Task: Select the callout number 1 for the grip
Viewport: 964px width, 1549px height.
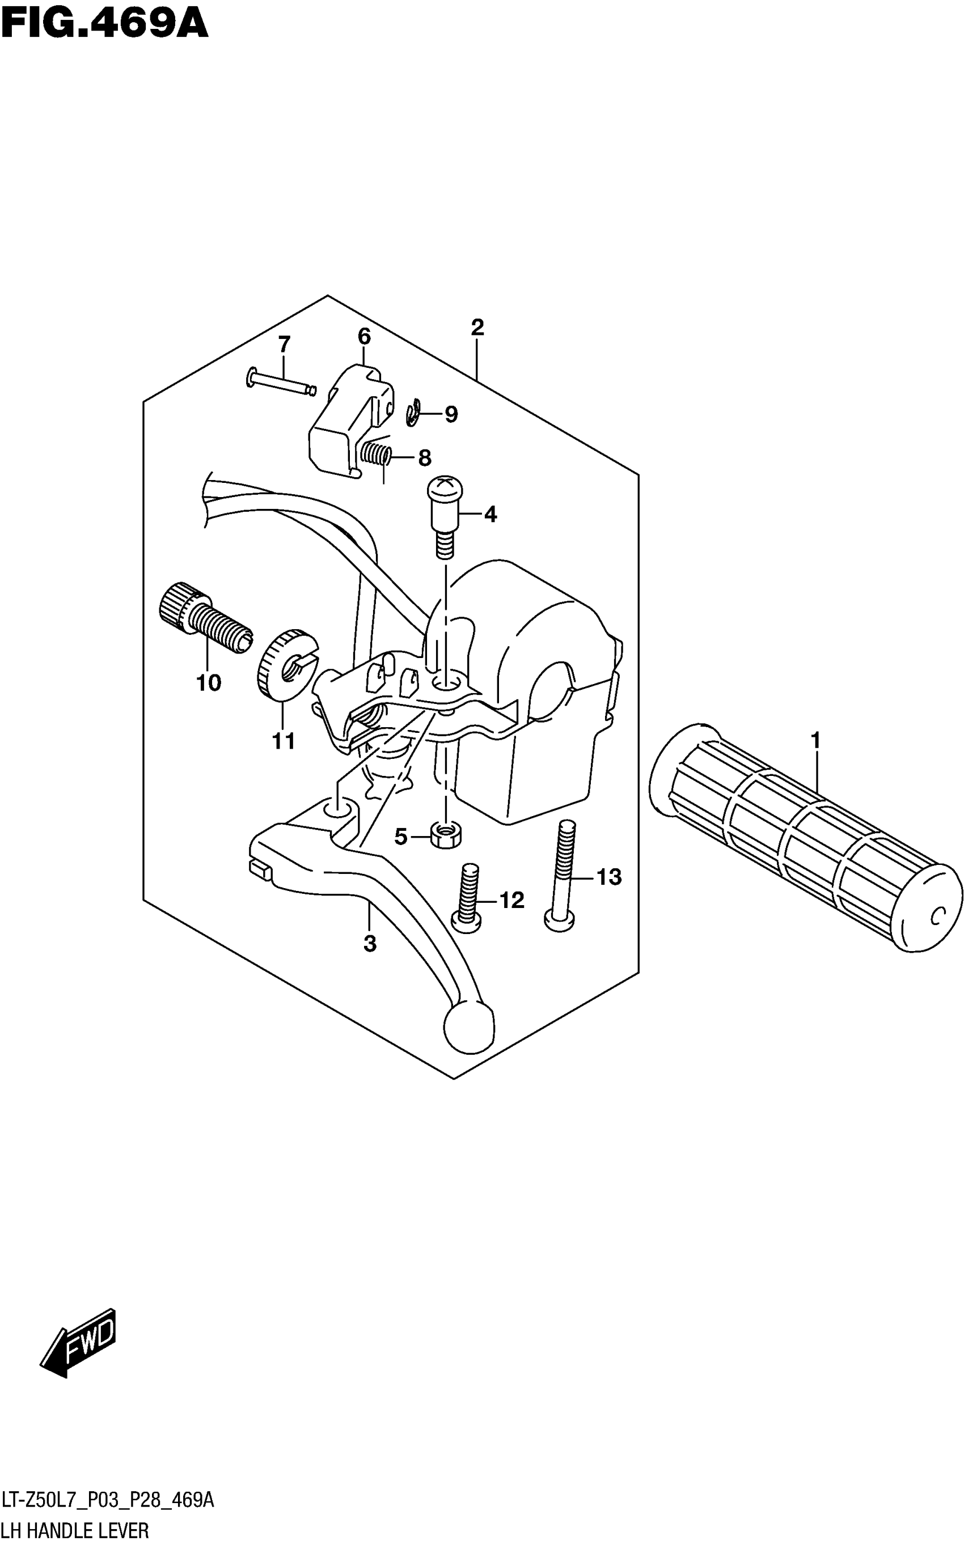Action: [815, 741]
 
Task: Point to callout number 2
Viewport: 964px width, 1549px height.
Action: [477, 328]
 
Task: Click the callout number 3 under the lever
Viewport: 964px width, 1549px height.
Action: [370, 944]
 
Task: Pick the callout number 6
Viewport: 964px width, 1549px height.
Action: [364, 337]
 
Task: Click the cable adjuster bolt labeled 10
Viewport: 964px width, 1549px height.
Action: [204, 614]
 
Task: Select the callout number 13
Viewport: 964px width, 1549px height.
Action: [608, 877]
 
